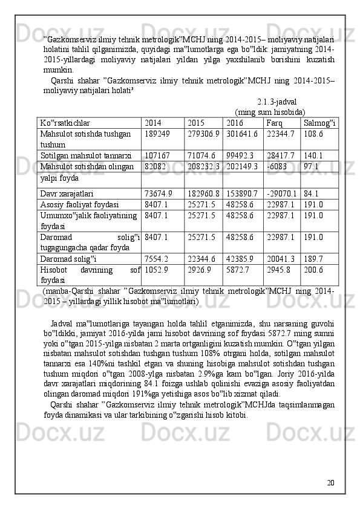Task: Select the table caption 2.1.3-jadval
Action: [277, 103]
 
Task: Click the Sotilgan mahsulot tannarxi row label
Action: [86, 155]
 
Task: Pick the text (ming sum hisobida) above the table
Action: [269, 112]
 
